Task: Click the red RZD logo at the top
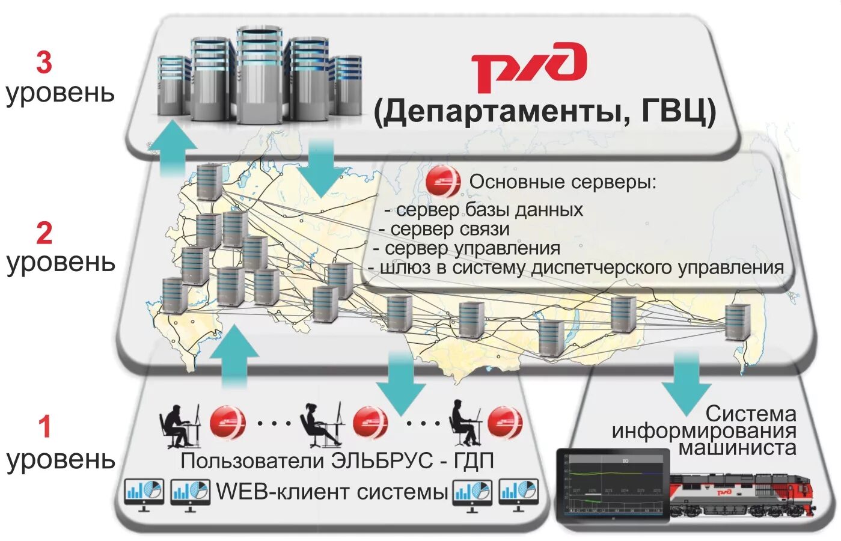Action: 528,66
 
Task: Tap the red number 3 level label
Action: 44,63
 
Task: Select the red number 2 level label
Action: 44,233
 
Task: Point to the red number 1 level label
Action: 44,427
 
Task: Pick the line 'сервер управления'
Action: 472,248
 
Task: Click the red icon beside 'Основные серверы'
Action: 443,182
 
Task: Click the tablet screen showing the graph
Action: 613,486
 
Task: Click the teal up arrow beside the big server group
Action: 174,147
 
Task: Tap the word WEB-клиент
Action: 283,492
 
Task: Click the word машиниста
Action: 737,448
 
